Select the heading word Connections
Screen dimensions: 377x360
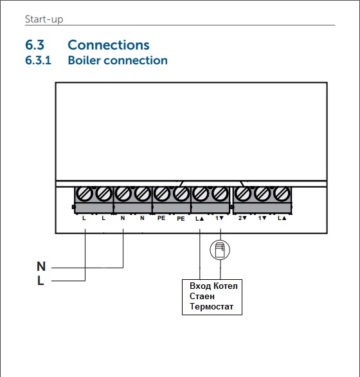(x=108, y=45)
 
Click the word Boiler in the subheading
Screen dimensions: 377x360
(x=84, y=60)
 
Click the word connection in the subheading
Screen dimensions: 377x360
(x=136, y=60)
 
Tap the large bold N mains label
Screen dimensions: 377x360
(x=41, y=266)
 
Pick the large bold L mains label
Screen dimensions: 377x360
(x=40, y=280)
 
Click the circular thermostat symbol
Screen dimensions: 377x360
(x=219, y=249)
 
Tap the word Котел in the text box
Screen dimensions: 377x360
(x=228, y=285)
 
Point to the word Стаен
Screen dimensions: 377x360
(x=204, y=296)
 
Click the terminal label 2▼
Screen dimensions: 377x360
(x=243, y=219)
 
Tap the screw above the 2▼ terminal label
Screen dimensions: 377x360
(x=243, y=193)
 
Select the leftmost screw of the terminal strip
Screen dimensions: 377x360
(x=85, y=193)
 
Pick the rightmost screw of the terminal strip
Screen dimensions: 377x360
(x=281, y=193)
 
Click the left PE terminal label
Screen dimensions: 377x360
(x=161, y=219)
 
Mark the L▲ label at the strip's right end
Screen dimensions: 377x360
(x=281, y=219)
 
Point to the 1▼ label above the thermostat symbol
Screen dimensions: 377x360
(x=219, y=219)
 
